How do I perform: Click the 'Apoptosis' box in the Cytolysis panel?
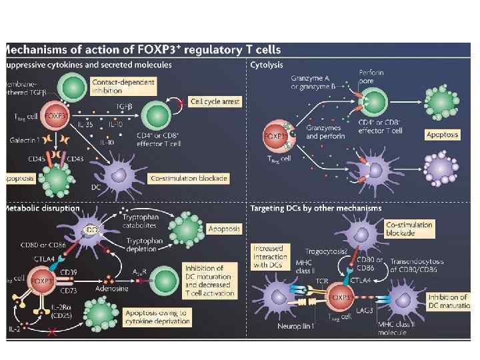pyautogui.click(x=443, y=134)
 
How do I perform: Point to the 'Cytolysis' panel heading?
pyautogui.click(x=267, y=65)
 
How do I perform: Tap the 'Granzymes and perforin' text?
pyautogui.click(x=323, y=131)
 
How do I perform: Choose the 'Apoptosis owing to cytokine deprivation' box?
pyautogui.click(x=157, y=317)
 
